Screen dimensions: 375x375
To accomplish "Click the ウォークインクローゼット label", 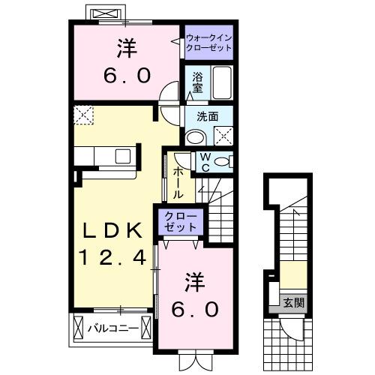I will click(x=208, y=41).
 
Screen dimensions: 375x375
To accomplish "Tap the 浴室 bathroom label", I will click(x=198, y=82).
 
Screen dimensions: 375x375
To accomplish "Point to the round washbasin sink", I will click(x=195, y=136).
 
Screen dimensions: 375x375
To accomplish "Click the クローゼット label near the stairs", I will click(x=181, y=223).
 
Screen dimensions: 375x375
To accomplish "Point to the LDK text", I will click(x=112, y=231).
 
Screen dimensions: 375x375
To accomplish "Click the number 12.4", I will click(x=112, y=257).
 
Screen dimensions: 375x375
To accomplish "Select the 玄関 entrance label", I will click(x=293, y=304).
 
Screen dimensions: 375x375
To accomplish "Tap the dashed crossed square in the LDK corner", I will click(x=82, y=114).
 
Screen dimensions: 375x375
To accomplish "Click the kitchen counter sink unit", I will click(x=106, y=157).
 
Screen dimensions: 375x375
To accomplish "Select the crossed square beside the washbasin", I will click(x=223, y=136).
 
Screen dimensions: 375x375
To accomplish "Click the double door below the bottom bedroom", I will click(x=197, y=359).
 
